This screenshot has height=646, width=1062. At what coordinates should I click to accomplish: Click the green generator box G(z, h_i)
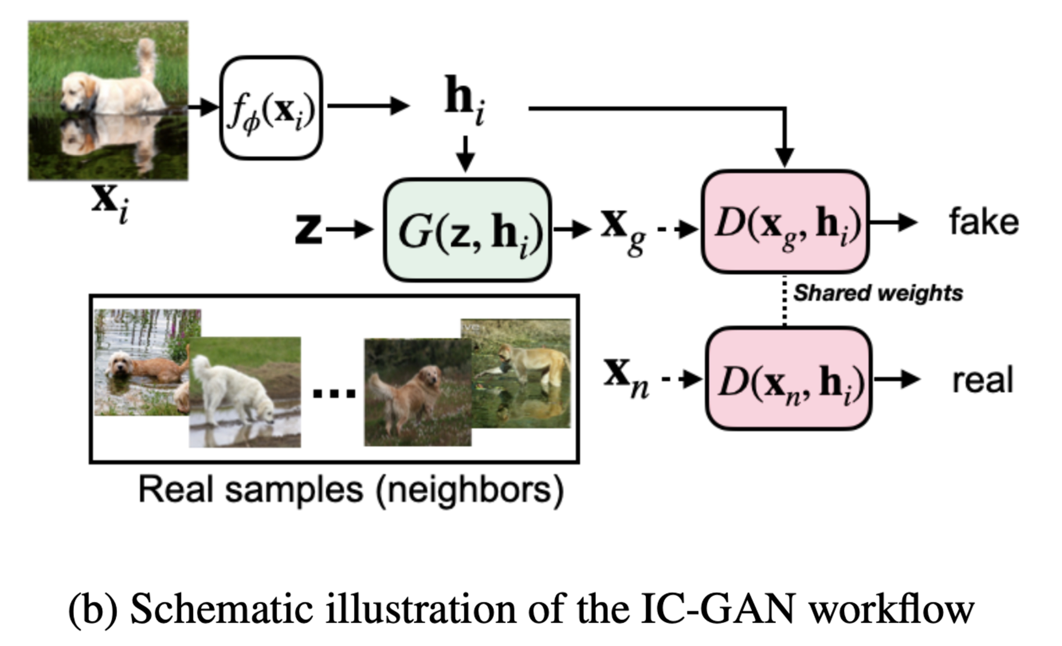(x=467, y=230)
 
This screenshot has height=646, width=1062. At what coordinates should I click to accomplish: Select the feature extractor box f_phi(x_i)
(x=271, y=108)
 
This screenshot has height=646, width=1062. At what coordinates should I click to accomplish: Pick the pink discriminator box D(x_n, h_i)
(x=788, y=378)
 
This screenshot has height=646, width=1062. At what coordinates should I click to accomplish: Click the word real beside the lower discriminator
(x=983, y=380)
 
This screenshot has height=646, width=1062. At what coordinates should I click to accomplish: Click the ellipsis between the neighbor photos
(x=334, y=393)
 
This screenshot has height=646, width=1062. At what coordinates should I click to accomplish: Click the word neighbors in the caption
(x=470, y=490)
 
